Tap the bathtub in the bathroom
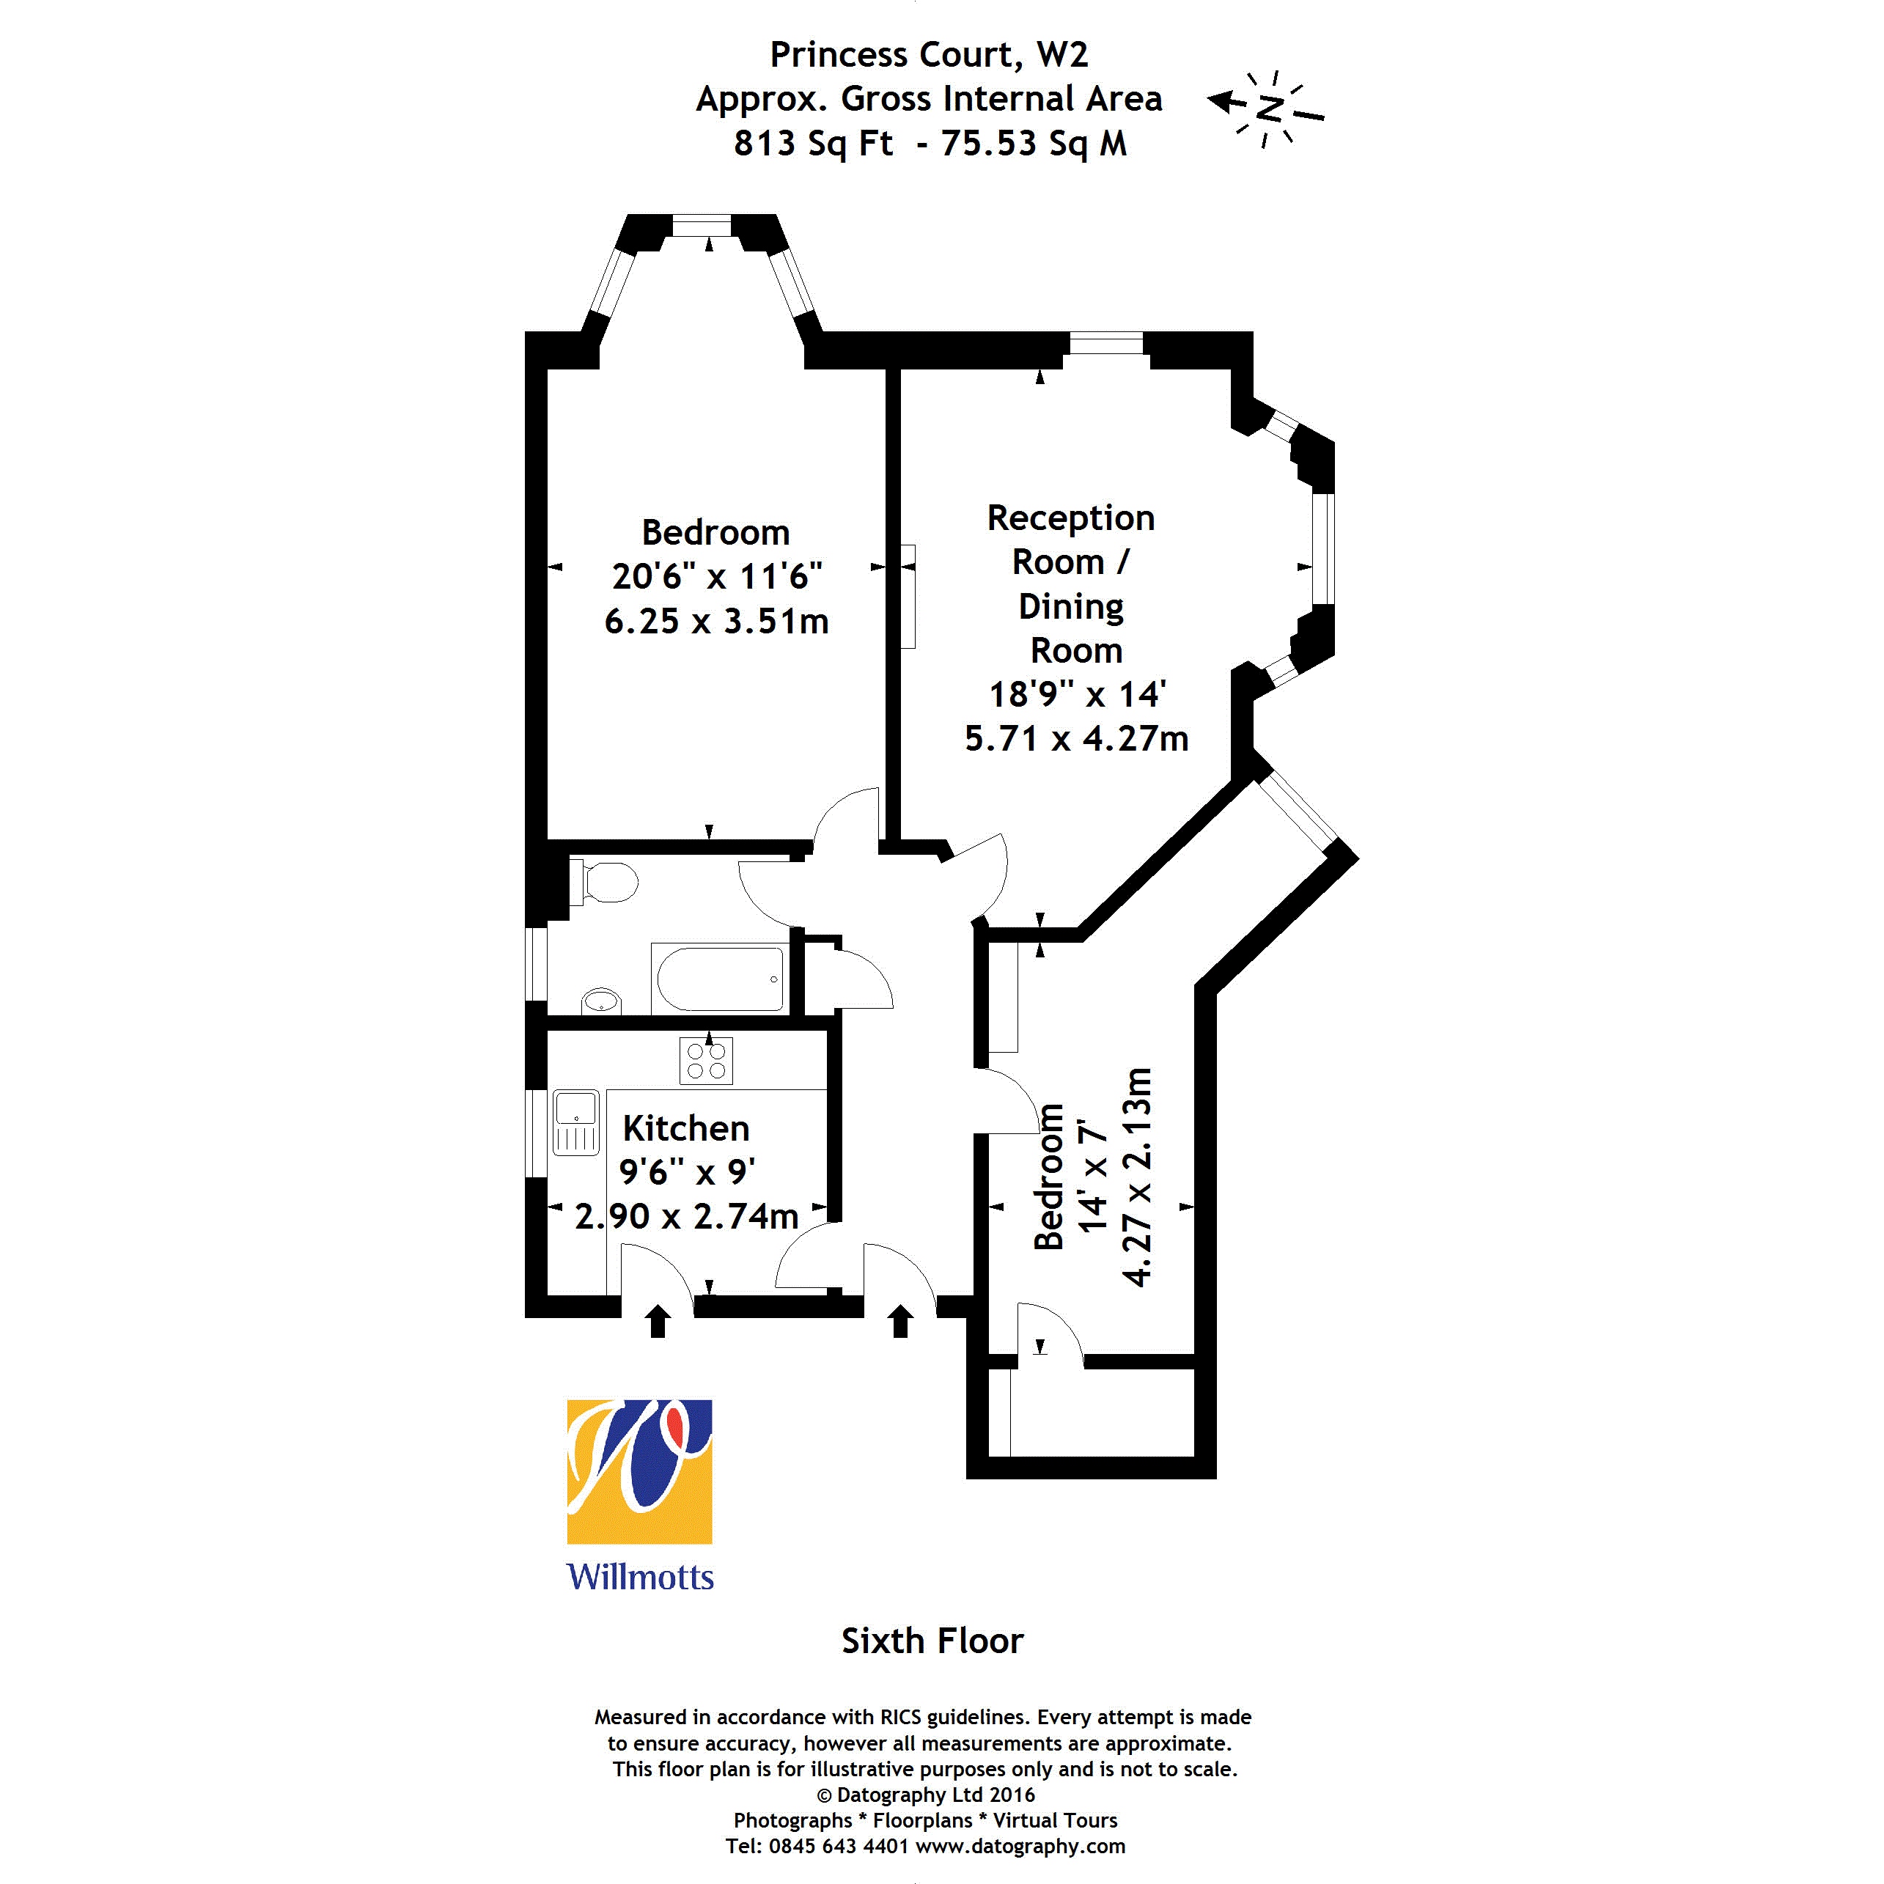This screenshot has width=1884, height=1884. (x=721, y=978)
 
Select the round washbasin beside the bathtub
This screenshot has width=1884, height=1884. (x=600, y=1001)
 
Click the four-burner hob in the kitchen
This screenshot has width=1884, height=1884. (x=706, y=1061)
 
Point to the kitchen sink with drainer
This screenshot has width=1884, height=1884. (x=576, y=1122)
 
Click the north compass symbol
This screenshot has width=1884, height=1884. (x=1266, y=107)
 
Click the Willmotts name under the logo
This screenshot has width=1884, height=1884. (x=640, y=1577)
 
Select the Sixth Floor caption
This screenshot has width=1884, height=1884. (x=932, y=1641)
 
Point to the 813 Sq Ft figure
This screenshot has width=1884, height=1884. (x=813, y=144)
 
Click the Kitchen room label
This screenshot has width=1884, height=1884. (x=686, y=1128)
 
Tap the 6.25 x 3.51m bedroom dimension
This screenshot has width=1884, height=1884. (x=717, y=621)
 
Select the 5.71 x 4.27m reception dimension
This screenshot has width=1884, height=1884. (x=1077, y=739)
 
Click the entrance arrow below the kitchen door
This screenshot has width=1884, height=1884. (x=658, y=1321)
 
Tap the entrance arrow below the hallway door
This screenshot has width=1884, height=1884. (x=901, y=1321)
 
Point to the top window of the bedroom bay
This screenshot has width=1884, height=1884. (x=702, y=225)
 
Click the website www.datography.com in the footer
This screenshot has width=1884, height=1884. (x=1020, y=1846)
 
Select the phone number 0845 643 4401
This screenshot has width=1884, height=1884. (x=839, y=1846)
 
